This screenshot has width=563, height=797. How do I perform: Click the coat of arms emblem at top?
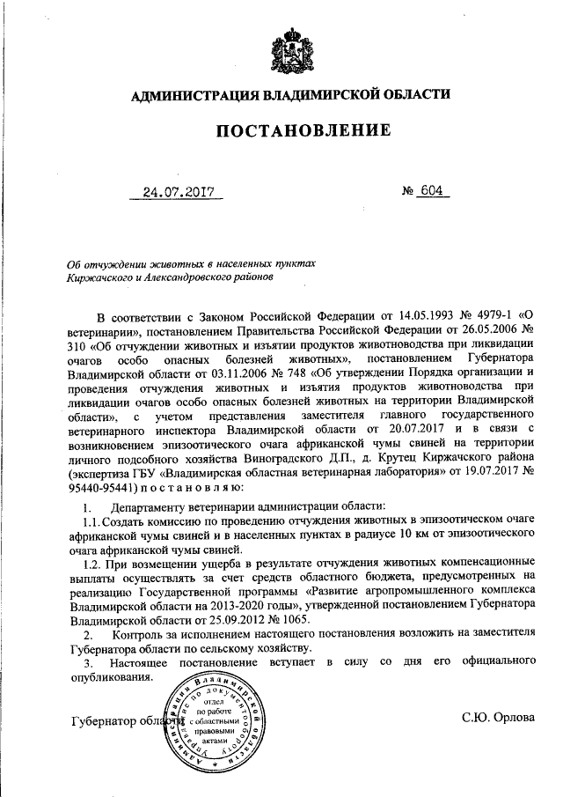[289, 46]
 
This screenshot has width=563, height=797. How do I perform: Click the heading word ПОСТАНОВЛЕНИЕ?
[303, 131]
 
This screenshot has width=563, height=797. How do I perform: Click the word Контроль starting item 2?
[142, 636]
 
